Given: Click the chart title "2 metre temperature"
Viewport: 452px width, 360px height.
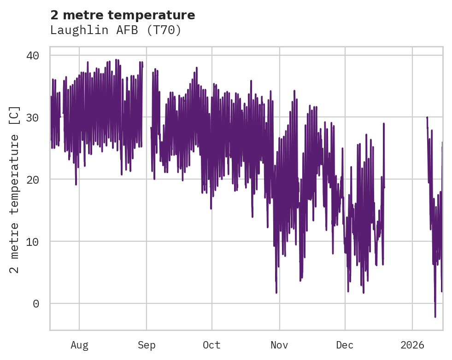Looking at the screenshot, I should pyautogui.click(x=123, y=15).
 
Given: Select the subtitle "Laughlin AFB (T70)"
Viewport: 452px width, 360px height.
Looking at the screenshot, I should pyautogui.click(x=116, y=30).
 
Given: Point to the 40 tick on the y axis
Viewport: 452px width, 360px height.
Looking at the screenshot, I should pyautogui.click(x=32, y=55).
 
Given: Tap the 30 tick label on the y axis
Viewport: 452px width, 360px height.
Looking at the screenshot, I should pyautogui.click(x=32, y=117).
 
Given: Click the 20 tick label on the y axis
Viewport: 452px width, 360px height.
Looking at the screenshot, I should pyautogui.click(x=32, y=179).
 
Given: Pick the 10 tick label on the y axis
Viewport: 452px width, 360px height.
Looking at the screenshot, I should pyautogui.click(x=32, y=241).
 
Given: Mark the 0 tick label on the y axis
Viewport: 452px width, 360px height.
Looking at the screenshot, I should pyautogui.click(x=35, y=303).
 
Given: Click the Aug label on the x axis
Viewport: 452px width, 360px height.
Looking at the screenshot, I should pyautogui.click(x=79, y=345).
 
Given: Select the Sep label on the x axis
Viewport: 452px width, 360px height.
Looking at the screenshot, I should pyautogui.click(x=147, y=345).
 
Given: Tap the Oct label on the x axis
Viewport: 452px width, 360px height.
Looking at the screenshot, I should pyautogui.click(x=211, y=345).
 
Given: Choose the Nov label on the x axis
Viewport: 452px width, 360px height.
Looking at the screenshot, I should pyautogui.click(x=279, y=345).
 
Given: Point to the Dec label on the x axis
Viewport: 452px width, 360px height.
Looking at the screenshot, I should pyautogui.click(x=345, y=345).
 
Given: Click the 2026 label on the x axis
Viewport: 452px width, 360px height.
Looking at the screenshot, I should pyautogui.click(x=412, y=345).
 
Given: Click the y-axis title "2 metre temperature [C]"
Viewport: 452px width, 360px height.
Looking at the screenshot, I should pyautogui.click(x=15, y=190).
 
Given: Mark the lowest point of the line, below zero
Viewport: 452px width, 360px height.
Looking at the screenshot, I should pyautogui.click(x=435, y=317).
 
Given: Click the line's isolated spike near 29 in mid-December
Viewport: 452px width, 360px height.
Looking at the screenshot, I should pyautogui.click(x=383, y=124).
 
